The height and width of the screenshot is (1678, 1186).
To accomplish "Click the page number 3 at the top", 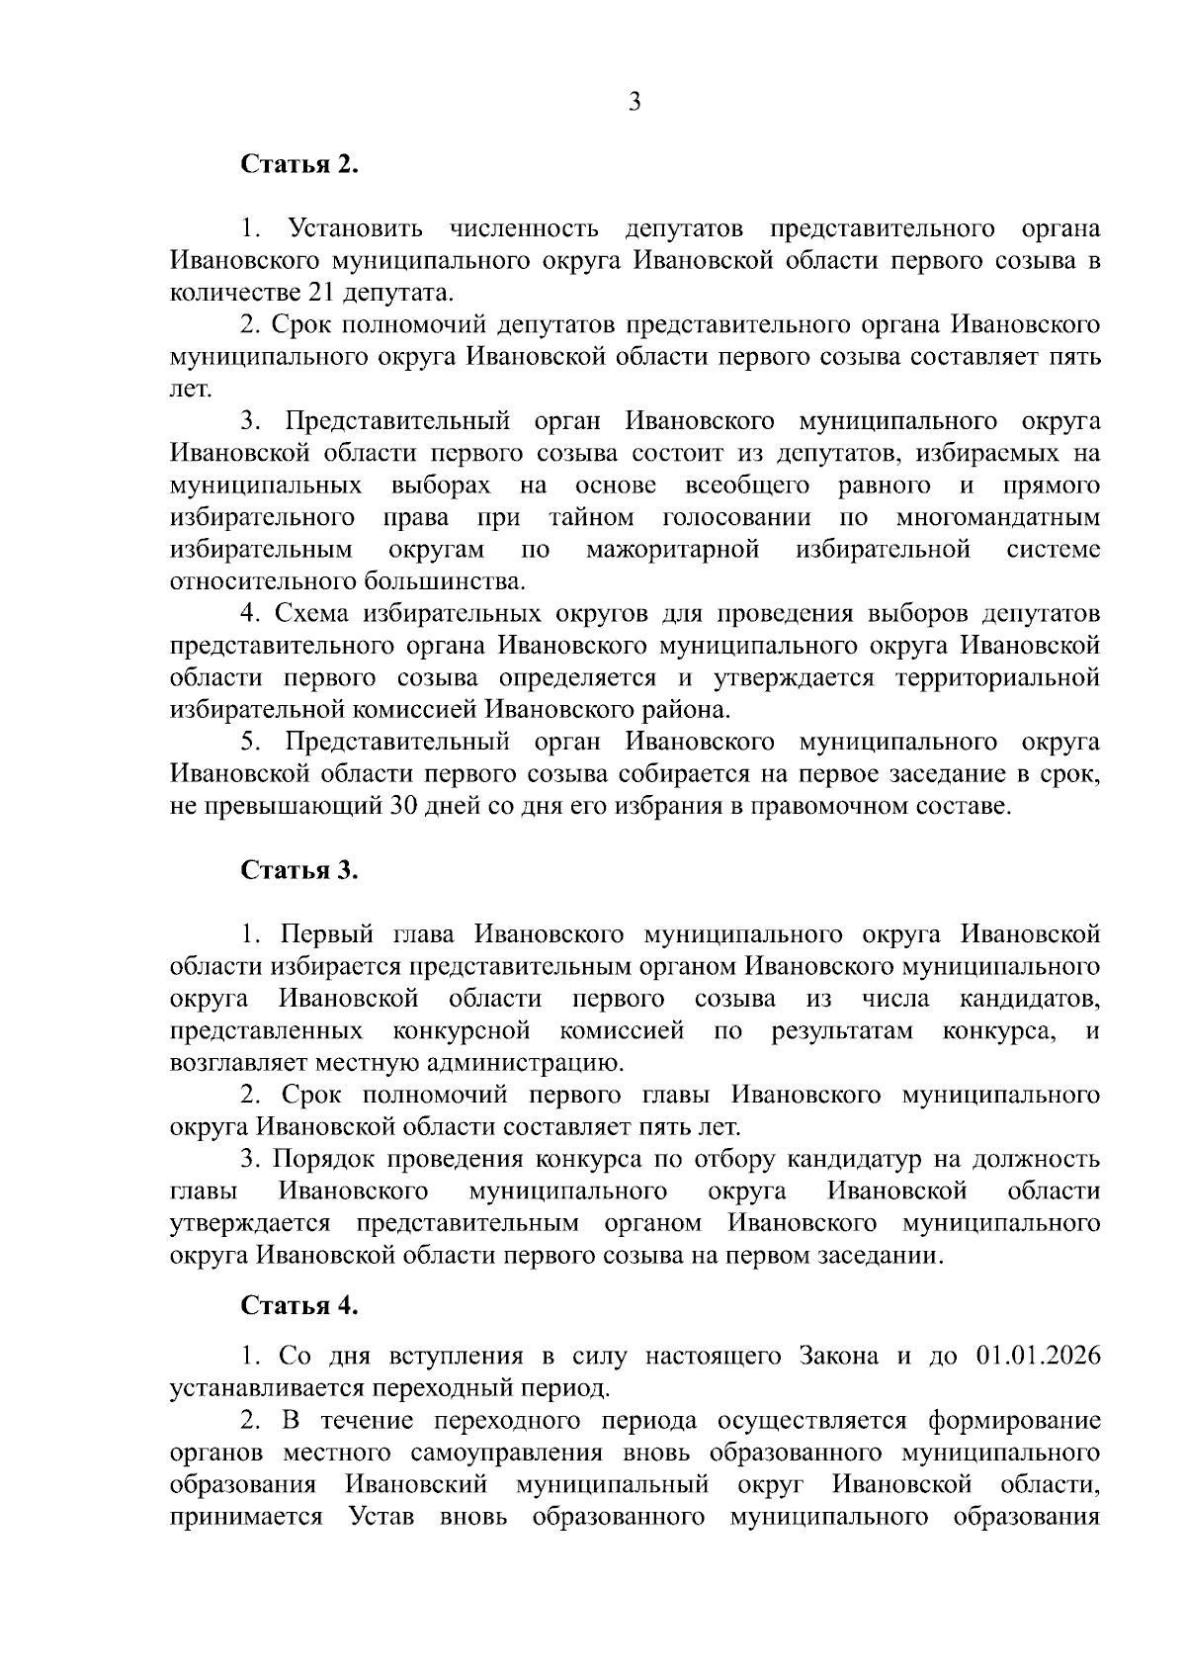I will click(635, 102).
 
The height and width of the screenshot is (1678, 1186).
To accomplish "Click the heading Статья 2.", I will click(299, 164).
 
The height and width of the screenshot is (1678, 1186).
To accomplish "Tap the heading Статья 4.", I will click(299, 1305).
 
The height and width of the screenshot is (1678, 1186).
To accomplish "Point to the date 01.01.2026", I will click(1038, 1356).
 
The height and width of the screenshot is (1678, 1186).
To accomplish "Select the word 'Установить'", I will click(355, 229).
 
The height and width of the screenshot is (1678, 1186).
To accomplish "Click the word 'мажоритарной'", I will click(673, 549).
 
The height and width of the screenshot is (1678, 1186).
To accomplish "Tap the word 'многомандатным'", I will click(998, 517).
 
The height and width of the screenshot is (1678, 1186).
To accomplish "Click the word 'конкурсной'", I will click(462, 1031).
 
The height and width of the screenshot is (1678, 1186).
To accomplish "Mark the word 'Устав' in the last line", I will click(381, 1517).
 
